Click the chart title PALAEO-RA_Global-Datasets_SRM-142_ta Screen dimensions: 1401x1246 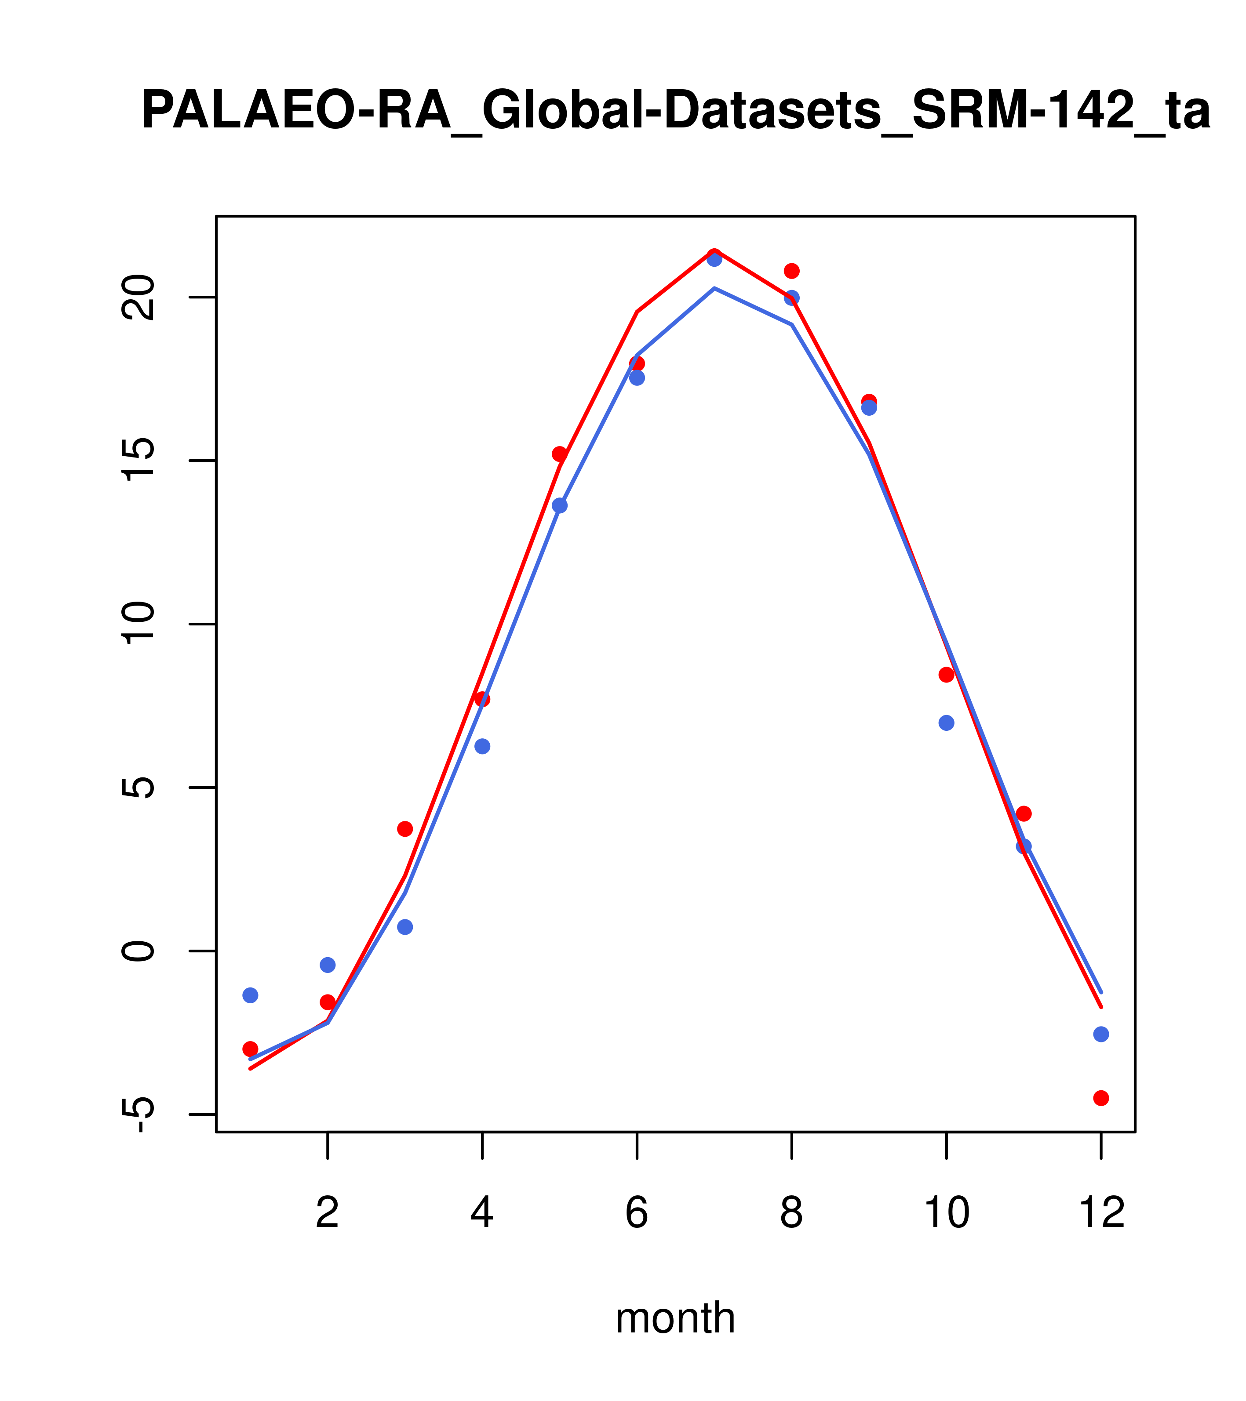pos(675,111)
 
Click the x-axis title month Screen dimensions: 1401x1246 pos(675,1318)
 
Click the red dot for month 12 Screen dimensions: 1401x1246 pos(1101,1098)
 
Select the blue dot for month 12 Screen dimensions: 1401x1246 pos(1101,1034)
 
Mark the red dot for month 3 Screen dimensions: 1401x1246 pos(405,829)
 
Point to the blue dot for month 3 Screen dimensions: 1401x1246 pos(405,927)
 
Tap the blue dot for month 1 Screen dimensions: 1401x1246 pos(250,995)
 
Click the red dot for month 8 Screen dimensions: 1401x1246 pos(792,271)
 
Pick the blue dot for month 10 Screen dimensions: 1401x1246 pos(946,722)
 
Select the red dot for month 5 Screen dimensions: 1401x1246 pos(560,454)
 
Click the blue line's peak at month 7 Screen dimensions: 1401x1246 pos(714,289)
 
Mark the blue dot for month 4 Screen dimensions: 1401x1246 pos(483,746)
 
